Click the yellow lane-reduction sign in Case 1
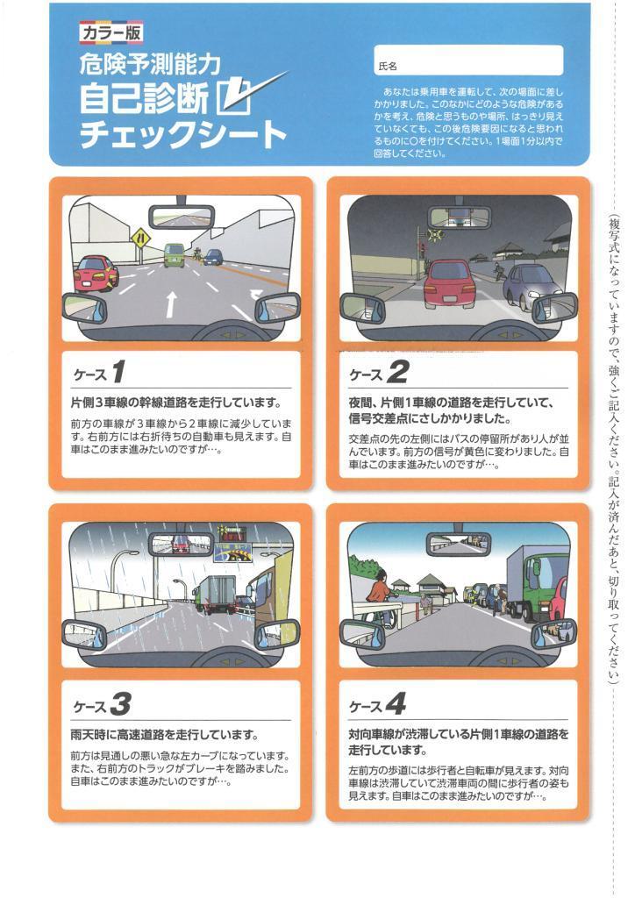tap(140, 237)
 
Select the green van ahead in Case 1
tap(175, 255)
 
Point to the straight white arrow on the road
tap(170, 304)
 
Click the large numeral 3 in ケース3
tap(121, 704)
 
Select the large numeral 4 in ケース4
tap(396, 704)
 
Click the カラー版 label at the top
tap(111, 33)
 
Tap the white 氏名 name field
tap(468, 61)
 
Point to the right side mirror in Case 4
tap(553, 634)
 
